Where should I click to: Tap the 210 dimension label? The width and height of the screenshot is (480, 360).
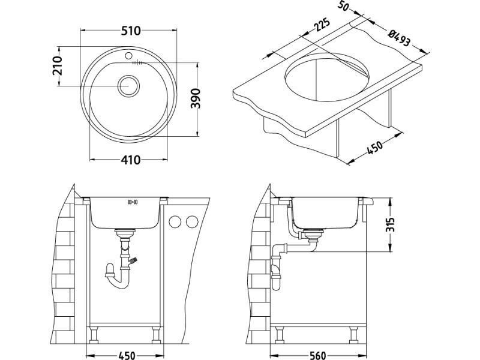58,65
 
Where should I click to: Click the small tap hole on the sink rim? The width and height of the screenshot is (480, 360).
128,56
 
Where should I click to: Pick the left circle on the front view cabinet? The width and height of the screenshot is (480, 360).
176,222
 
